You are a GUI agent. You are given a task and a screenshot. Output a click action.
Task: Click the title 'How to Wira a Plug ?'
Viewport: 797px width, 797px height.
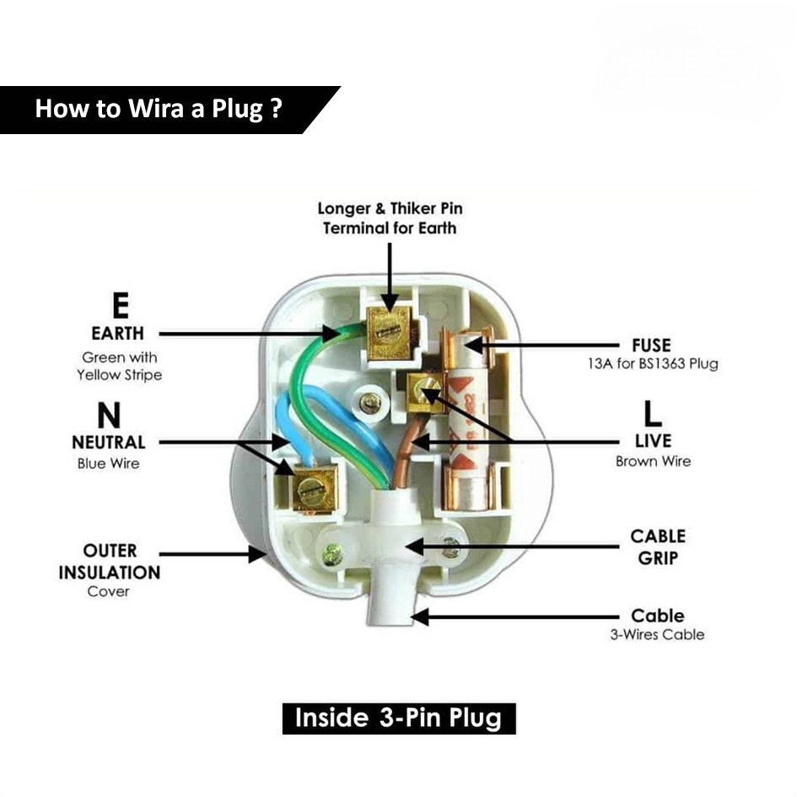click(x=158, y=108)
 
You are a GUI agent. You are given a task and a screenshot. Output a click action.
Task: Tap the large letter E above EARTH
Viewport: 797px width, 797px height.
click(x=120, y=305)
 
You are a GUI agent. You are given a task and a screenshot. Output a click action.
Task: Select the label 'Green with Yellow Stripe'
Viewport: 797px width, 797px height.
click(x=119, y=366)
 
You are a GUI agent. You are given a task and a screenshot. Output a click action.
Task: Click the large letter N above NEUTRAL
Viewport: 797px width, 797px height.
click(x=109, y=415)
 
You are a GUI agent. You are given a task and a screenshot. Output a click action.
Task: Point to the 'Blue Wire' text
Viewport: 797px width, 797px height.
click(x=108, y=463)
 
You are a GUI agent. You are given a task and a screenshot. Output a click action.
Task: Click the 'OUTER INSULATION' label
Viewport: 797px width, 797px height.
click(x=110, y=561)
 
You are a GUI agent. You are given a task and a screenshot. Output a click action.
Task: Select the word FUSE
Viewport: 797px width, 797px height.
click(x=651, y=346)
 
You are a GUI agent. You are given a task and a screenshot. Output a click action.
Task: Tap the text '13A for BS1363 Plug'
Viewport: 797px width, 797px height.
click(x=653, y=364)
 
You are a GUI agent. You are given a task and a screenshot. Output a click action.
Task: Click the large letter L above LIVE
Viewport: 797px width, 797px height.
click(x=652, y=413)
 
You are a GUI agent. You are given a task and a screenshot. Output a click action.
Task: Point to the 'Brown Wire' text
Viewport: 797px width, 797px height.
click(x=653, y=461)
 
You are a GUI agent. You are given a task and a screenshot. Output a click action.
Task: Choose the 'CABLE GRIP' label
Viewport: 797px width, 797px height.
click(x=658, y=547)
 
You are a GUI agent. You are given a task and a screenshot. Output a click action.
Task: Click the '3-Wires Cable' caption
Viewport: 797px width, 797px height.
click(x=657, y=634)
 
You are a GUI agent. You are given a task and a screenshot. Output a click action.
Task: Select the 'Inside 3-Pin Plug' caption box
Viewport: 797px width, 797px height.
click(x=399, y=719)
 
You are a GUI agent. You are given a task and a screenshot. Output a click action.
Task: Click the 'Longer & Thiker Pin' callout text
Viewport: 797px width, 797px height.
click(x=390, y=208)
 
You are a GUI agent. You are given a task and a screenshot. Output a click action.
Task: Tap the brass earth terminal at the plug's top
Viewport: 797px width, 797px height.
click(x=389, y=332)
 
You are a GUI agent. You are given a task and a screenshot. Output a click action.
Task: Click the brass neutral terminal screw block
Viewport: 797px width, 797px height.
click(x=315, y=489)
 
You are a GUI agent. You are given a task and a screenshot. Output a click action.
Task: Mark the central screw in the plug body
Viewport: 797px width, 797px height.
click(x=370, y=404)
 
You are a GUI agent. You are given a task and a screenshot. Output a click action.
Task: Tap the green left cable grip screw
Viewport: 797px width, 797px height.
click(x=332, y=553)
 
